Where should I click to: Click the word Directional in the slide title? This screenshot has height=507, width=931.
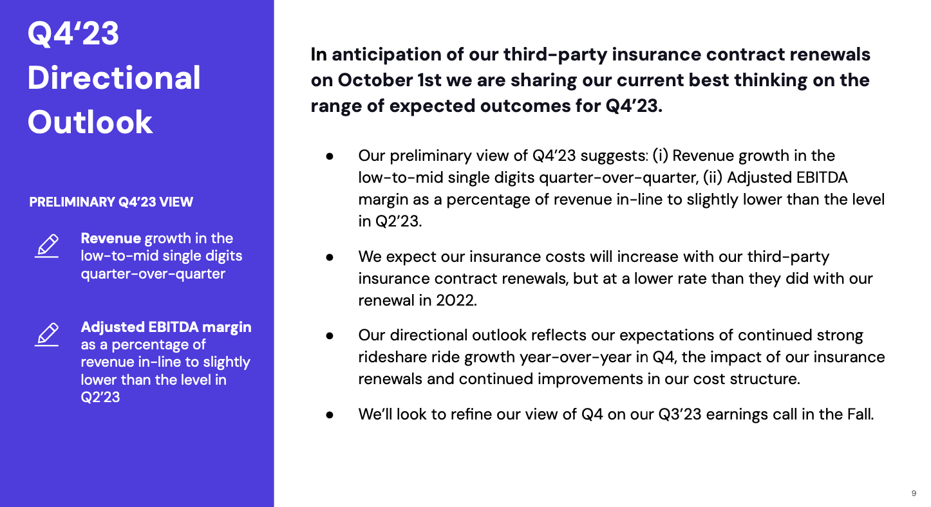point(114,78)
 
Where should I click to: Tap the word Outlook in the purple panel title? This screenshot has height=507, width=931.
point(90,122)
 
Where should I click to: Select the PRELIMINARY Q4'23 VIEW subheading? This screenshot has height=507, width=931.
point(111,202)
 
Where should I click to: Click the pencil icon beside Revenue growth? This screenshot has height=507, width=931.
point(46,246)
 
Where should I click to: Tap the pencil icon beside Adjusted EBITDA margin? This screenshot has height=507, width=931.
point(46,335)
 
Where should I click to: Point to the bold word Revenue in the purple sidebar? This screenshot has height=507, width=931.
point(111,238)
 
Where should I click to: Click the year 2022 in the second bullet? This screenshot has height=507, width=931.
point(456,300)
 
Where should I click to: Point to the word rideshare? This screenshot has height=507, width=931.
point(392,357)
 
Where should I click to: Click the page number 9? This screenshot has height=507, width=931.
point(914,493)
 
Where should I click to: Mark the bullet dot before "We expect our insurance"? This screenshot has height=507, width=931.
point(330,257)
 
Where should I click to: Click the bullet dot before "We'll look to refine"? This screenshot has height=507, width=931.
point(330,415)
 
